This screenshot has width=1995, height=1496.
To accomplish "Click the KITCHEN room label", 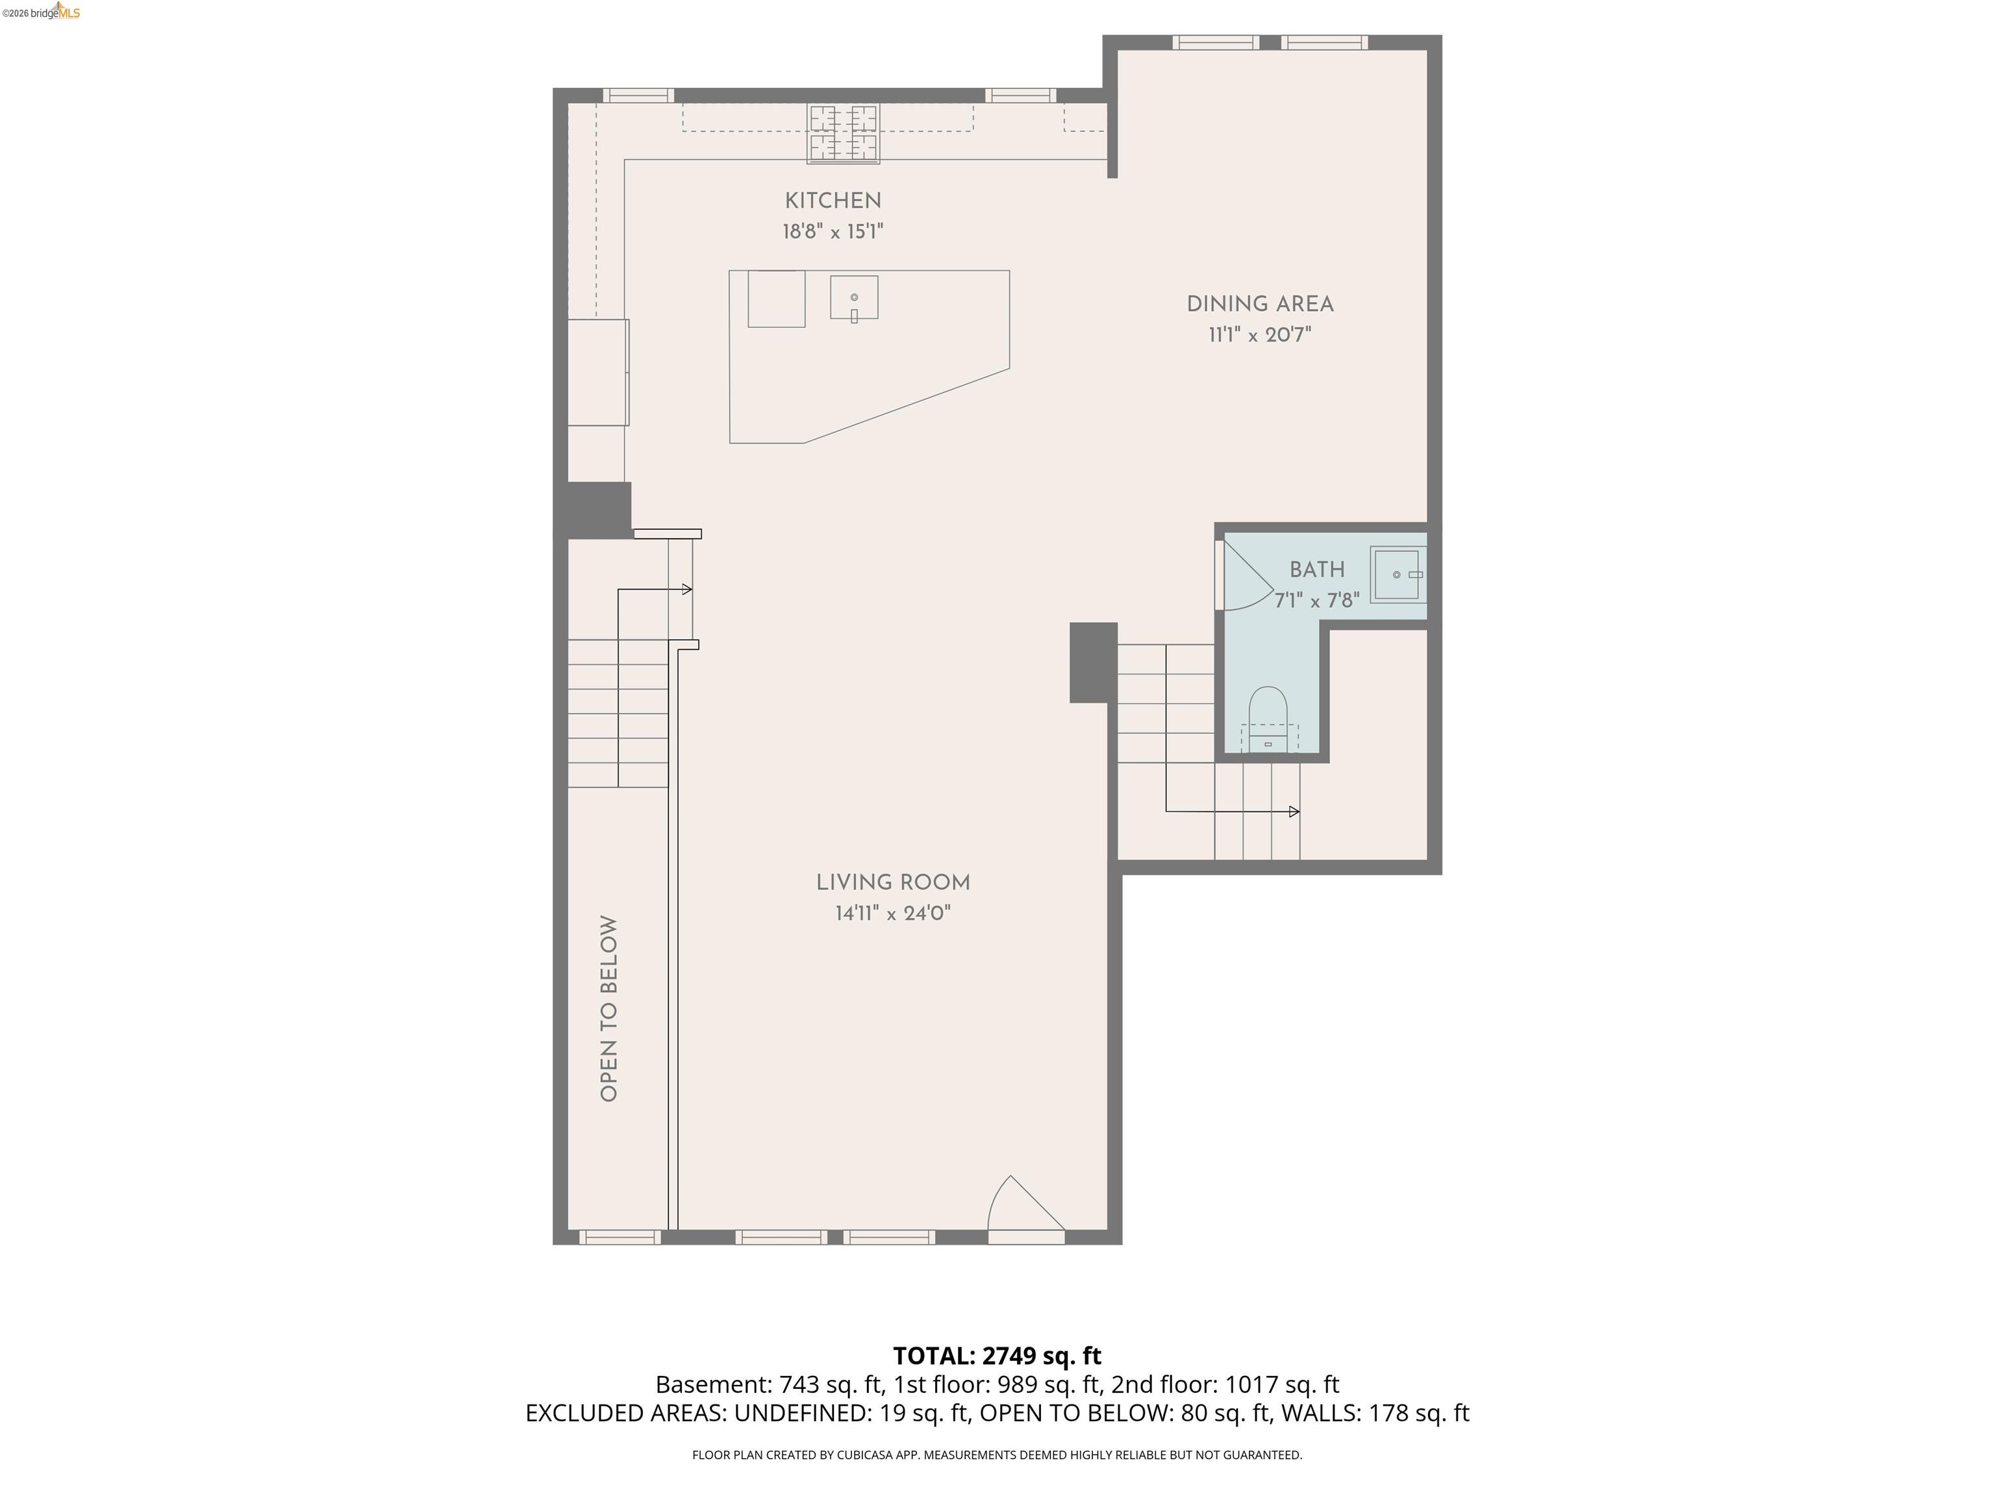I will tap(833, 201).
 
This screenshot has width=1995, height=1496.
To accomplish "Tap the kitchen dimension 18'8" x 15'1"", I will tap(833, 232).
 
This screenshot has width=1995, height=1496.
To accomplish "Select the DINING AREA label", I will tap(1259, 305).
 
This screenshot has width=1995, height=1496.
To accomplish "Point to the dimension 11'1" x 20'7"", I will tap(1259, 336).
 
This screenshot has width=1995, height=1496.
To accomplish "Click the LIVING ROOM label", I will tap(893, 883).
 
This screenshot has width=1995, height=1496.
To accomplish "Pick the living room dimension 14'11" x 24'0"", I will tap(893, 914).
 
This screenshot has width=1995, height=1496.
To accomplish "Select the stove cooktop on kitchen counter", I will tap(844, 134).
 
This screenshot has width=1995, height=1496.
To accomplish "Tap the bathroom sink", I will tap(1397, 575).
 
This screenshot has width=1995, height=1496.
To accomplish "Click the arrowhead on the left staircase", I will tap(687, 590).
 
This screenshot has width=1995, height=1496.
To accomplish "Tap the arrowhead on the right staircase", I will tap(1294, 812).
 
